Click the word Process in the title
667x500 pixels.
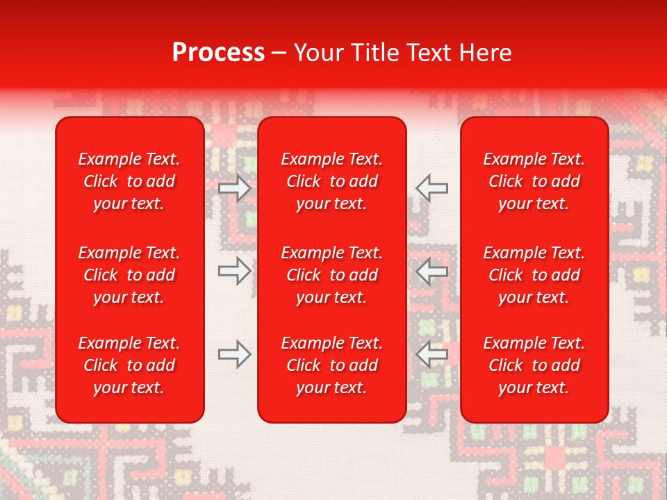(218, 53)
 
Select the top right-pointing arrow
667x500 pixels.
(235, 188)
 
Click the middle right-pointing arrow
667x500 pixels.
(235, 271)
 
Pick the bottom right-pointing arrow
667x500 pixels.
(235, 354)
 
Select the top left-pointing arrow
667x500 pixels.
(431, 188)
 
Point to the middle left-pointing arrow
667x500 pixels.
(431, 271)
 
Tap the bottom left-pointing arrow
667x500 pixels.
(431, 354)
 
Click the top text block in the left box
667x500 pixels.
(129, 181)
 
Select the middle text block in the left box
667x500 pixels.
(129, 275)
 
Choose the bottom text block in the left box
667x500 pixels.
(129, 365)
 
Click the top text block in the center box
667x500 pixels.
(332, 181)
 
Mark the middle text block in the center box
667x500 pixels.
(332, 275)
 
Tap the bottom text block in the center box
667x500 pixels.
(332, 365)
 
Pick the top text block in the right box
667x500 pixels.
(534, 181)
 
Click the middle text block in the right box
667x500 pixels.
(534, 275)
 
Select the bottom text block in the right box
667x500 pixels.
(534, 365)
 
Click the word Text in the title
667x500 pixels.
(427, 53)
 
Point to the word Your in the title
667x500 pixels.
(319, 53)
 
